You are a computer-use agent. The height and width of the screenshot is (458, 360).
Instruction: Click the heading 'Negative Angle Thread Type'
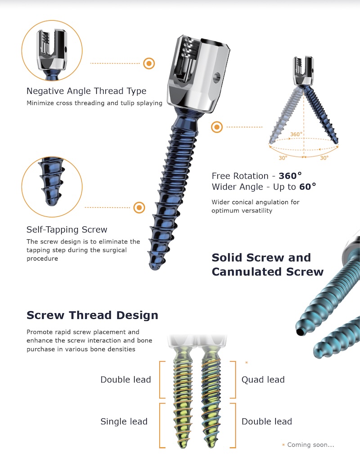[x=86, y=91]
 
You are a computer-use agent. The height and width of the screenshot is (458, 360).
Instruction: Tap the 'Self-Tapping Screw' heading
[x=67, y=229]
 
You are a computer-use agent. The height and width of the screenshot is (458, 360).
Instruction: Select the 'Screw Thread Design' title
[x=92, y=315]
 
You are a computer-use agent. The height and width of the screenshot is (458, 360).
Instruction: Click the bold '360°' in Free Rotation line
[x=290, y=176]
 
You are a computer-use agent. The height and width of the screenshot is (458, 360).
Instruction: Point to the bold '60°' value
[x=307, y=187]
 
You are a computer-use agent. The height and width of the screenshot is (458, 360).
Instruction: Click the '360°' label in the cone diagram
[x=296, y=135]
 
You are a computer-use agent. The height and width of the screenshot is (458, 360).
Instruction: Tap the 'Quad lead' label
[x=263, y=379]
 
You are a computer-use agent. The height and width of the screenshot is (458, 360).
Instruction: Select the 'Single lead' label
[x=124, y=422]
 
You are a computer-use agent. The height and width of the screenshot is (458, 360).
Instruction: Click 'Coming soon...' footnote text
[x=310, y=445]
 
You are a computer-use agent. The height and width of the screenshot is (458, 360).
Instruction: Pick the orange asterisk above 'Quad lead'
[x=247, y=363]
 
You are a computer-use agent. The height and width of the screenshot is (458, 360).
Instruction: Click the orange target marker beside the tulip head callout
[x=149, y=63]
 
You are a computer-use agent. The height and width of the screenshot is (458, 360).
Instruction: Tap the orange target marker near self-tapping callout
[x=139, y=208]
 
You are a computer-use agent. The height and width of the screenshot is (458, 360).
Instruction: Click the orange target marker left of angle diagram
[x=217, y=127]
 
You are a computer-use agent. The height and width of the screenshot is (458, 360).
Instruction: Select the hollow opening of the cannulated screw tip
[x=300, y=332]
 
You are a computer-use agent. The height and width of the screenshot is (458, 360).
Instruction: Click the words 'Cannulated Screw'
[x=268, y=272]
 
